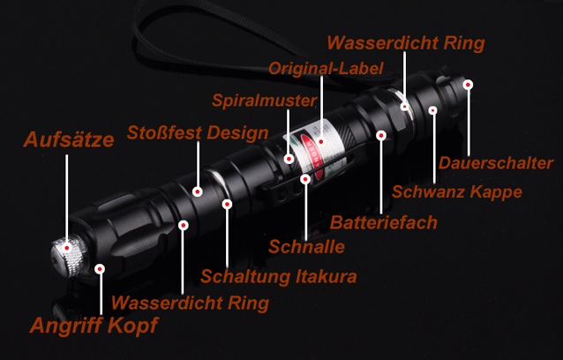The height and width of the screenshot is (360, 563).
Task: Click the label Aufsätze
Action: click(x=69, y=139)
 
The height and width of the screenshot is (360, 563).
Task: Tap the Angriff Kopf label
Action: click(x=94, y=326)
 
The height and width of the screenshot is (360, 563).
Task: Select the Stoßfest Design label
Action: click(x=198, y=132)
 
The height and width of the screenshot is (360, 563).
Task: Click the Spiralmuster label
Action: click(x=264, y=101)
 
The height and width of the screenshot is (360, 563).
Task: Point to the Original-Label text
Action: click(x=326, y=68)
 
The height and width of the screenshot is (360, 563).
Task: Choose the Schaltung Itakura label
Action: click(x=279, y=276)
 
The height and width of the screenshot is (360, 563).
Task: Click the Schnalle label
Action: click(x=306, y=246)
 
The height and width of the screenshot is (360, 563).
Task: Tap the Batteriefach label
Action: click(x=384, y=222)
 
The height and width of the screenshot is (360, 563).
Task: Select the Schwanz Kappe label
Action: click(x=457, y=192)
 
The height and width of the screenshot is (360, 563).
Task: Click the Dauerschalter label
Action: click(x=496, y=163)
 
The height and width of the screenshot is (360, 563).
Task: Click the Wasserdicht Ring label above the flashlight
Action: click(x=406, y=43)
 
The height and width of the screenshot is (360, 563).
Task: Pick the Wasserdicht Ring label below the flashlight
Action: click(x=190, y=303)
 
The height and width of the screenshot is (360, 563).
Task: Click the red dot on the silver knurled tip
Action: click(x=67, y=248)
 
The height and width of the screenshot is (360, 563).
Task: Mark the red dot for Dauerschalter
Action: click(x=468, y=85)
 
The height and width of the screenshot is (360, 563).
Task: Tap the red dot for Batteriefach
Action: click(x=381, y=136)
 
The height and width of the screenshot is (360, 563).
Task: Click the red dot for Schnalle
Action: click(x=305, y=179)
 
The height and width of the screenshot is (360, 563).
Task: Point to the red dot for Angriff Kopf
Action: click(x=100, y=269)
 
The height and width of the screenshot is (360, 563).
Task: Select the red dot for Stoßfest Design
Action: click(x=197, y=191)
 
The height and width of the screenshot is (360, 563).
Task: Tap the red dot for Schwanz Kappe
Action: click(x=433, y=110)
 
